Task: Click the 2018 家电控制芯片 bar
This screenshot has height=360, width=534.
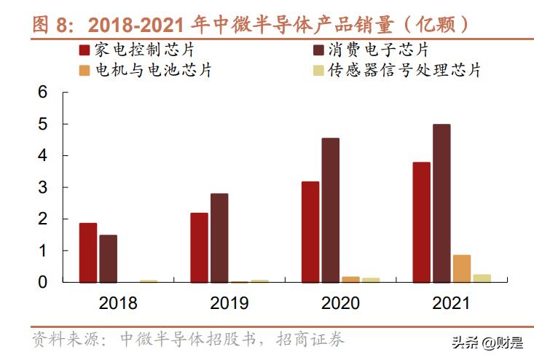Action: (x=88, y=252)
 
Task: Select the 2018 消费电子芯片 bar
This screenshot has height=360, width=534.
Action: (x=109, y=258)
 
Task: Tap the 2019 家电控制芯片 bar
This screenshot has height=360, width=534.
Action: (x=199, y=247)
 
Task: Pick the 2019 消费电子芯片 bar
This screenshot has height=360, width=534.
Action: (x=219, y=238)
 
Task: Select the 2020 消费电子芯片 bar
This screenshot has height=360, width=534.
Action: (x=331, y=210)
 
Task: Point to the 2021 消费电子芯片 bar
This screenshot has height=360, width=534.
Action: (x=441, y=203)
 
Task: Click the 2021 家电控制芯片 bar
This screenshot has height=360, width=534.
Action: (x=421, y=222)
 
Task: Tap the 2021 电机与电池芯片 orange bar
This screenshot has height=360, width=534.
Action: (x=462, y=268)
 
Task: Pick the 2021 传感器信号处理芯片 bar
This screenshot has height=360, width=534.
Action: (x=482, y=278)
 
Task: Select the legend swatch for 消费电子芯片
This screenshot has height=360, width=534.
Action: (x=318, y=50)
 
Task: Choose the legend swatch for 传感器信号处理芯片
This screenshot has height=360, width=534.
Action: (x=318, y=71)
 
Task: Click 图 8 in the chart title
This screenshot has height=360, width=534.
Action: (x=53, y=24)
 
